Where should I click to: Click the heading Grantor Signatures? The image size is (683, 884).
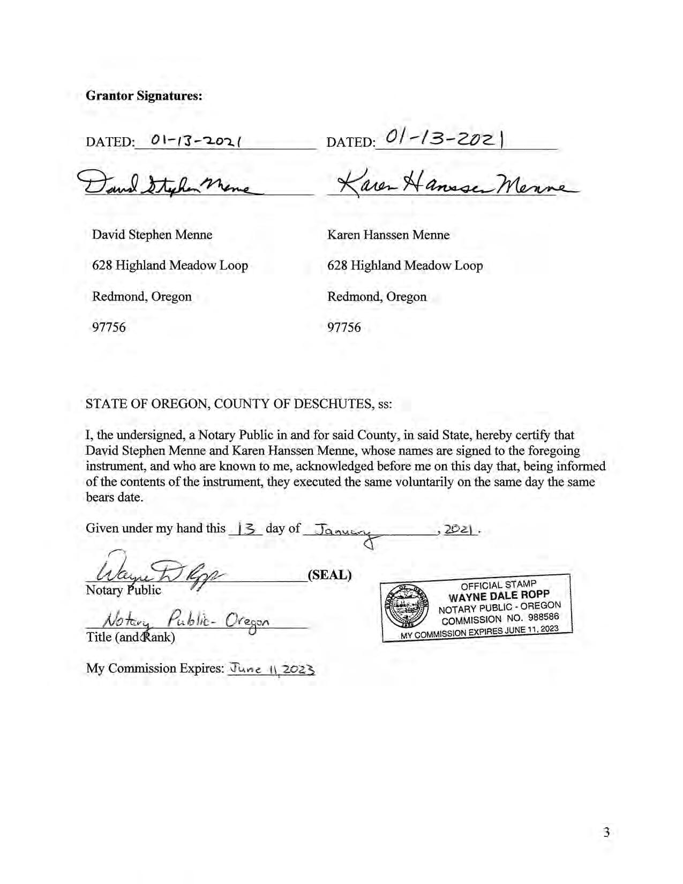point(144,96)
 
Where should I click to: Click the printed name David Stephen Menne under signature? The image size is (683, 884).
point(152,235)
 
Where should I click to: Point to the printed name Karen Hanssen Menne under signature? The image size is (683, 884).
point(388,235)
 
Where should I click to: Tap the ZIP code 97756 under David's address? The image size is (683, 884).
point(109,327)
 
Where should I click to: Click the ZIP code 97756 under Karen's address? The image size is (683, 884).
point(344,327)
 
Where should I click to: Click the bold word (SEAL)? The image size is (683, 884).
point(329,575)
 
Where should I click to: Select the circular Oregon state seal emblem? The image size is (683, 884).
point(407,607)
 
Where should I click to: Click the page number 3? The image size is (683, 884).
point(606,832)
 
